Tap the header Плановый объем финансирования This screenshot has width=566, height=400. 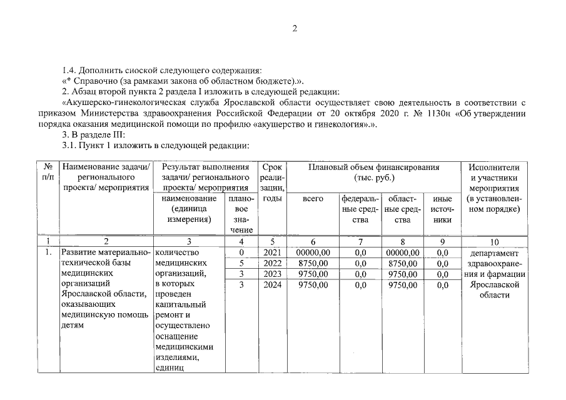[x=373, y=167]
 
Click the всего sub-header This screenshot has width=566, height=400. [x=313, y=199]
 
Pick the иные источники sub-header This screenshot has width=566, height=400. [x=442, y=209]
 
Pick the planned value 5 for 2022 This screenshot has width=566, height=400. [x=241, y=263]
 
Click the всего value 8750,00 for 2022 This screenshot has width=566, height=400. [x=313, y=263]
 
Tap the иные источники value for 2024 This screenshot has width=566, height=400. [x=442, y=284]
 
